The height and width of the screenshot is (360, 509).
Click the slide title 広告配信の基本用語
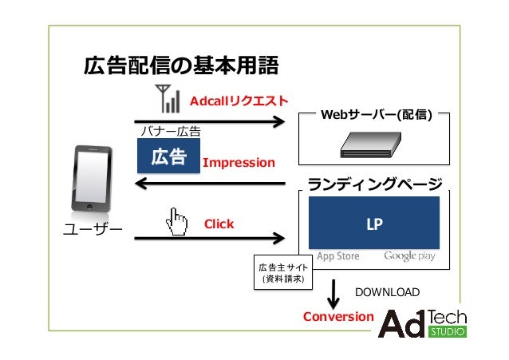[x=181, y=66]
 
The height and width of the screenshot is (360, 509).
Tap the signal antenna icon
[x=168, y=98]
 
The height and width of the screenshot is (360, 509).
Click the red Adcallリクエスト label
[x=239, y=101]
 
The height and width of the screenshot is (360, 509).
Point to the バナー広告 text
[x=170, y=130]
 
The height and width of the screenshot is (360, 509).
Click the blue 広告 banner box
[x=168, y=156]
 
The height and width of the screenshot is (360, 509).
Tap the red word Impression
[x=239, y=163]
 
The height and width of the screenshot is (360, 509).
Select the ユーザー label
[x=92, y=231]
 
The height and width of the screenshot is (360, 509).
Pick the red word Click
[x=219, y=224]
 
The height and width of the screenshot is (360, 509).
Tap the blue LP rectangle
[x=373, y=224]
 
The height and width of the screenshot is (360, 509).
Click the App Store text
[x=337, y=257]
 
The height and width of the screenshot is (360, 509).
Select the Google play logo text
[x=409, y=257]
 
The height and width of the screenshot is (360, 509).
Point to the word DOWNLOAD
[x=386, y=292]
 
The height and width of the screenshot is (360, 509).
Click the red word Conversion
[x=338, y=317]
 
